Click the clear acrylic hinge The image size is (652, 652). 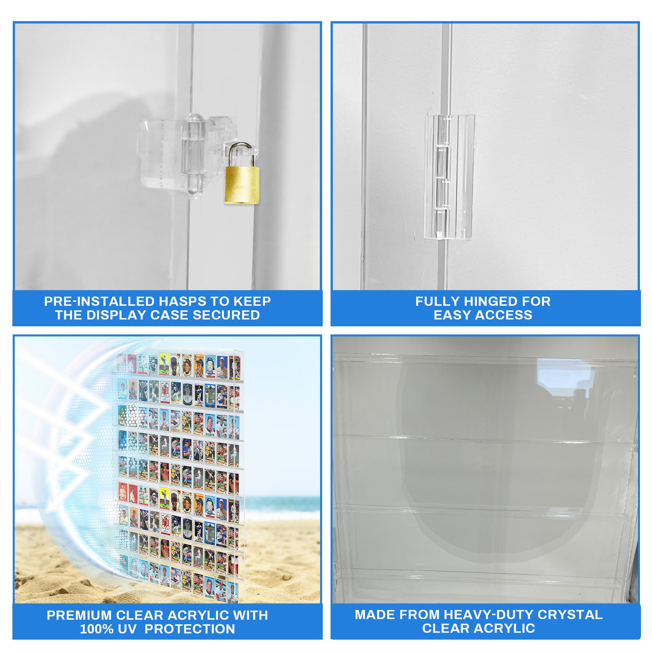click(449, 177)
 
